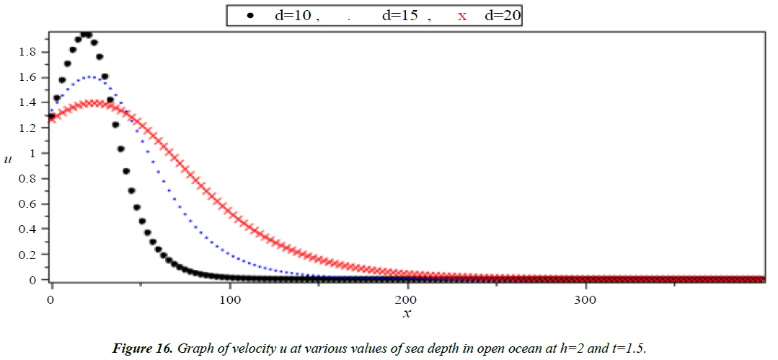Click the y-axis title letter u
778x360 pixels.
point(9,159)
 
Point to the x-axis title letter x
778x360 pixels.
point(408,313)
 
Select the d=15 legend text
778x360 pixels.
point(399,15)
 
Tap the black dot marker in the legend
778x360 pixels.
point(249,15)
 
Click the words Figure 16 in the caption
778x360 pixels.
point(138,350)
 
